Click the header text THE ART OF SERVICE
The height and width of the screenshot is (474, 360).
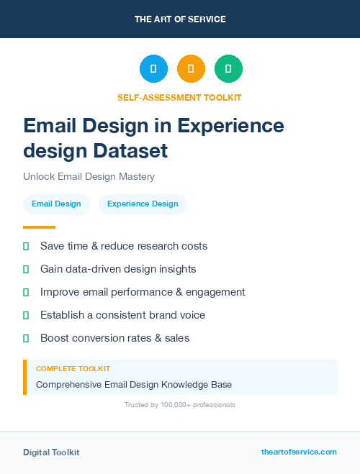coord(180,19)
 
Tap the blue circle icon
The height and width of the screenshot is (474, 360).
coord(153,69)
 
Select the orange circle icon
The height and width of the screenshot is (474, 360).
coord(191,69)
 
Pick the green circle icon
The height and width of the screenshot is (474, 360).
coord(228,69)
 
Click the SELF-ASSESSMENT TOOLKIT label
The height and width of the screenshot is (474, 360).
coord(179,97)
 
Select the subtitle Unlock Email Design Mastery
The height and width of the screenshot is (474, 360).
coord(89,176)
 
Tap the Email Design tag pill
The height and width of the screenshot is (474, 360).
coord(56,204)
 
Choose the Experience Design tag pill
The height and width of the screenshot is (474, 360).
coord(143,204)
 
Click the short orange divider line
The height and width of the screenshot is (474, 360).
coord(39,227)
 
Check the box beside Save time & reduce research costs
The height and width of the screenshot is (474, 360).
coord(26,246)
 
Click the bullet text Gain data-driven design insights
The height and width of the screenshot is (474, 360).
coord(118,269)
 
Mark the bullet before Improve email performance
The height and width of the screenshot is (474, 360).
coord(26,292)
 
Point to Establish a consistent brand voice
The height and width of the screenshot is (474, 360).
coord(122,315)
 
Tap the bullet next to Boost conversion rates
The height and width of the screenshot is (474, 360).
coord(26,338)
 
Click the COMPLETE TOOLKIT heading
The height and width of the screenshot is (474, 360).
coord(73,368)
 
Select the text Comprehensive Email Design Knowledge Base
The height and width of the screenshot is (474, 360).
coord(134,385)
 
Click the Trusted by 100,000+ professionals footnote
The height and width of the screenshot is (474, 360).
coord(179,405)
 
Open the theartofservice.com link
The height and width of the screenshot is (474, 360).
coord(299,452)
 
